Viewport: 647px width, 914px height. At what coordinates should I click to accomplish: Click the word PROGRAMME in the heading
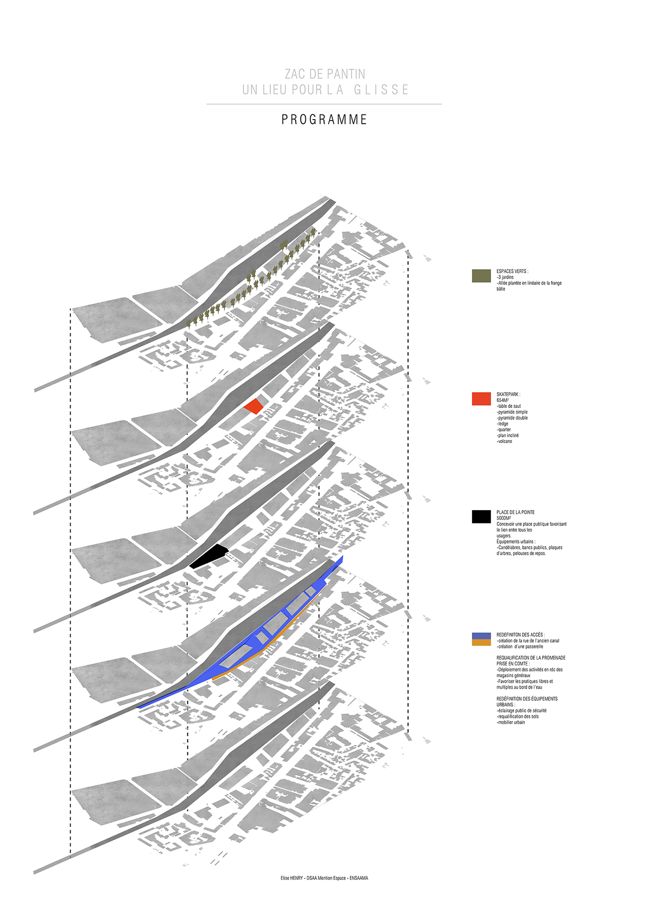[324, 120]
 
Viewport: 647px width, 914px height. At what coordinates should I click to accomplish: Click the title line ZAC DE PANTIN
[325, 74]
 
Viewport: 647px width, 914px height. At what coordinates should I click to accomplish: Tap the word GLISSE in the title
[381, 90]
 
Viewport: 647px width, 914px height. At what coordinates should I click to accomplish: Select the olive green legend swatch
[481, 275]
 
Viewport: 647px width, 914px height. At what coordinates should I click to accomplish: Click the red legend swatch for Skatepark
[481, 399]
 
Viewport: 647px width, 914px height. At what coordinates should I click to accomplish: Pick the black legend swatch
[481, 517]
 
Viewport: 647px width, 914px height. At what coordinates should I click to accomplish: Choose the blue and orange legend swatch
[481, 639]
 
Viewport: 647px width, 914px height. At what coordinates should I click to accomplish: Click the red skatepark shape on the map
[253, 406]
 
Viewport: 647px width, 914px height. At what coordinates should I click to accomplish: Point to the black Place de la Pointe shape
[209, 556]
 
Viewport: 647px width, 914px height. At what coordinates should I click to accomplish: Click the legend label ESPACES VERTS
[512, 271]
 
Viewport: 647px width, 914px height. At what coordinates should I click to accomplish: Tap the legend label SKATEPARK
[508, 395]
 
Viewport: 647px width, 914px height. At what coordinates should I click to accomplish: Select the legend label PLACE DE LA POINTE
[515, 512]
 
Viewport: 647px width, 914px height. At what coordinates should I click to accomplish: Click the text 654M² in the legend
[503, 400]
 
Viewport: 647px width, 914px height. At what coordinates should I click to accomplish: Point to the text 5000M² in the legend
[504, 518]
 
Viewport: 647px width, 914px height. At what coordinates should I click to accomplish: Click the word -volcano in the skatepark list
[505, 442]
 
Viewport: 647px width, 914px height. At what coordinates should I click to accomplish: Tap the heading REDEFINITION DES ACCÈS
[521, 635]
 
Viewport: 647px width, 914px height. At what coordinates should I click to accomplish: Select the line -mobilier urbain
[511, 722]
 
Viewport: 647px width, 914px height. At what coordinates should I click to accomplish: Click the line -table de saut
[509, 406]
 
